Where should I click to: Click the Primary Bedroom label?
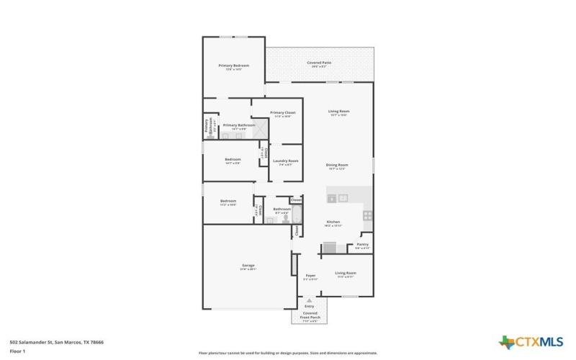(233, 66)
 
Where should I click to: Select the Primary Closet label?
(282, 113)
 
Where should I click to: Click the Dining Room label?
(337, 166)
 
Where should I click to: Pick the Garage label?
(248, 266)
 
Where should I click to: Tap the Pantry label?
(362, 245)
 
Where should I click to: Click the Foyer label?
(310, 275)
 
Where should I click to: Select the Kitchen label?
(333, 222)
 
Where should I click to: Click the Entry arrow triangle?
(310, 300)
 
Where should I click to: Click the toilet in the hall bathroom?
(285, 220)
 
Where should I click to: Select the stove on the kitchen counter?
(367, 215)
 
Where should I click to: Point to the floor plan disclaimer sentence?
(287, 354)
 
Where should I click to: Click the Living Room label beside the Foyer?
(346, 274)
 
